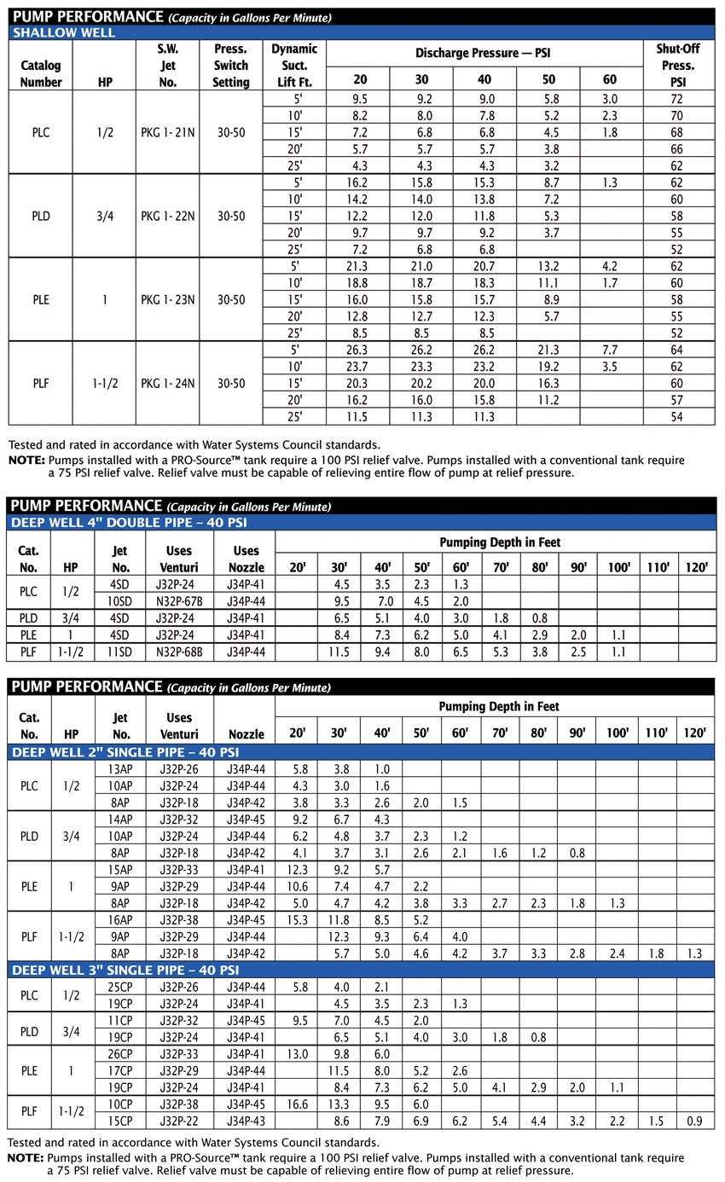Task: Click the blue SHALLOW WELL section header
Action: coord(63,33)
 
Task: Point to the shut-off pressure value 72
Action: coord(676,99)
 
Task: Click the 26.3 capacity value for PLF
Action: coord(358,349)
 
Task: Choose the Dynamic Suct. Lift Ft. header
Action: coord(294,66)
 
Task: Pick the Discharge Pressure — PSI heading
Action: coord(484,53)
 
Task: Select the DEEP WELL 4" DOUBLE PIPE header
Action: coord(128,522)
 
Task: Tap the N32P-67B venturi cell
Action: coord(179,600)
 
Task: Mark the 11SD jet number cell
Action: coord(120,652)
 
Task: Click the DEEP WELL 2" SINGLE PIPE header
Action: coord(125,752)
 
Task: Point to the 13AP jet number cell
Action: coord(120,768)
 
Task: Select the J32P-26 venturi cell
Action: coord(179,768)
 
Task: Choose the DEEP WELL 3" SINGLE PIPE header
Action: coord(125,970)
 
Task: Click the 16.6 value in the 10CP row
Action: coord(295,1104)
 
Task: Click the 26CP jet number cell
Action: coord(120,1053)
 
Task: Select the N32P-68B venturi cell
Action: coord(179,652)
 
